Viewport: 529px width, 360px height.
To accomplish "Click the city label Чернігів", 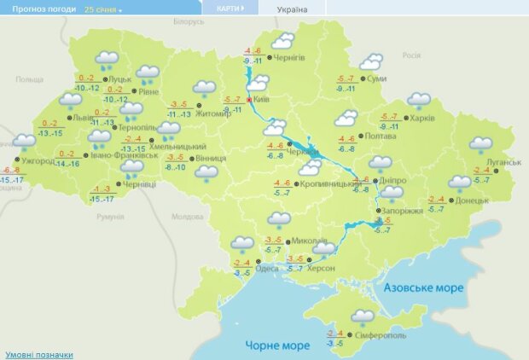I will pyautogui.click(x=289, y=58).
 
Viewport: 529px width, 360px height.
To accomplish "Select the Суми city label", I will pyautogui.click(x=375, y=78).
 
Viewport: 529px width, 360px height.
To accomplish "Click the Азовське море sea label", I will pyautogui.click(x=423, y=288).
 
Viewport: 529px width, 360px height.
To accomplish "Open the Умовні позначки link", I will pyautogui.click(x=38, y=354).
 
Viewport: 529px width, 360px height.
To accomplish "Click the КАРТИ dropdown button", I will pyautogui.click(x=231, y=8).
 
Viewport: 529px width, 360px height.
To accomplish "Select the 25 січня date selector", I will pyautogui.click(x=103, y=9).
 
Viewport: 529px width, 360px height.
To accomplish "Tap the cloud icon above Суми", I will pyautogui.click(x=371, y=61).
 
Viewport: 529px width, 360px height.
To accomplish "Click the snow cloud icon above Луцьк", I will pyautogui.click(x=107, y=59).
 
